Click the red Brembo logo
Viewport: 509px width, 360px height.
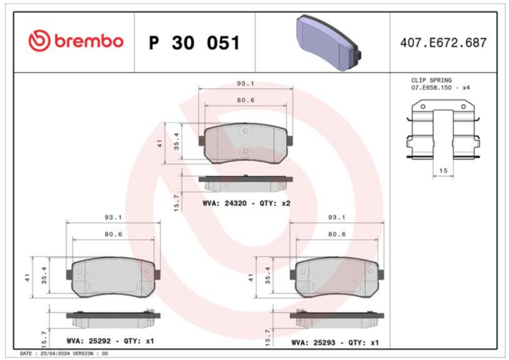click(x=76, y=41)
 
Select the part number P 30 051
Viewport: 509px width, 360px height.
click(x=194, y=43)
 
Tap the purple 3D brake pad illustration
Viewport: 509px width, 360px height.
click(x=328, y=43)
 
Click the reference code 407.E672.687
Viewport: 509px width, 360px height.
click(x=443, y=43)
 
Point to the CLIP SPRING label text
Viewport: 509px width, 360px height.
click(x=431, y=80)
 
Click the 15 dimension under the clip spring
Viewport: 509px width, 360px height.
click(x=443, y=170)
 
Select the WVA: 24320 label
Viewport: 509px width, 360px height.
click(x=225, y=204)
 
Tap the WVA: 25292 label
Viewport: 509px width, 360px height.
click(x=88, y=341)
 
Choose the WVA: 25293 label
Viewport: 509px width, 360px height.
click(x=313, y=342)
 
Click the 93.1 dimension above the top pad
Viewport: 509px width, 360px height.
click(x=246, y=84)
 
